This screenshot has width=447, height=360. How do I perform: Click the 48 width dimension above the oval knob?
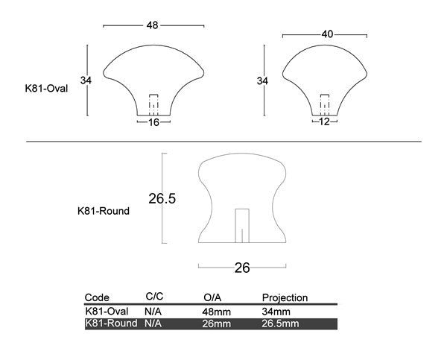tap(153, 25)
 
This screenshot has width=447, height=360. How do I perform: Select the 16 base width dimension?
tap(154, 121)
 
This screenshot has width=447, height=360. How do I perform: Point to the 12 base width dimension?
tap(324, 121)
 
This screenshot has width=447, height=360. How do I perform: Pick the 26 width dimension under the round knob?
tap(242, 268)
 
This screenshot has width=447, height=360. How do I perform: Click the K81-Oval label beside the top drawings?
tap(47, 88)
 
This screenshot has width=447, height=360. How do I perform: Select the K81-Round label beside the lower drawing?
tap(104, 211)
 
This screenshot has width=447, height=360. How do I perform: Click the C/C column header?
tap(155, 297)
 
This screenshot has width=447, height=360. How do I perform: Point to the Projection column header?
tap(285, 297)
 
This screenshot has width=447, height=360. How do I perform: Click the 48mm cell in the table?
tap(216, 311)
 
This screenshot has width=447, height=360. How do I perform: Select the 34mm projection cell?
tap(276, 311)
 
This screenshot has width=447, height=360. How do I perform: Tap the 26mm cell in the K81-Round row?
tap(216, 323)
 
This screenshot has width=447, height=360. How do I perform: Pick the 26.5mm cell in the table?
tap(280, 323)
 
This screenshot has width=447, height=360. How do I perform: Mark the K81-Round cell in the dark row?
tap(110, 323)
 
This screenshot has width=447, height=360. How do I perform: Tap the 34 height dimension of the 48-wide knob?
tap(86, 80)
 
